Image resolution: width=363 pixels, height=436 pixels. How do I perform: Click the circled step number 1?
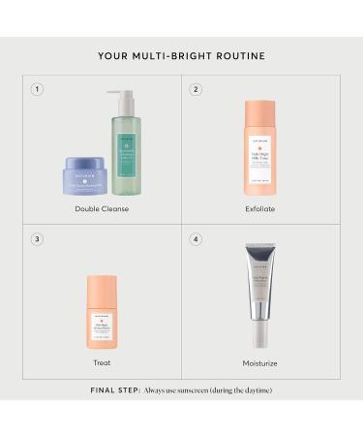(37, 89)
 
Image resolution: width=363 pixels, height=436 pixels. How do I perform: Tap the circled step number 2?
(196, 89)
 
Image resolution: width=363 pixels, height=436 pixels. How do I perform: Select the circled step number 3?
(37, 239)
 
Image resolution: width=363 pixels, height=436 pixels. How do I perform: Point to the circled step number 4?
(196, 239)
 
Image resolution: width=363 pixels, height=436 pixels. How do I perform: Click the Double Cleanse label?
(102, 208)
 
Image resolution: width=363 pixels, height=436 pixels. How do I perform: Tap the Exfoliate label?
(260, 208)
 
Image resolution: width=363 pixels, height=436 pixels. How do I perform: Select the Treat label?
(102, 362)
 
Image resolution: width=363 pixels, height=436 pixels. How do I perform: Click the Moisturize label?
(260, 362)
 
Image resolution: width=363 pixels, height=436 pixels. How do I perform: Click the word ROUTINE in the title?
(237, 55)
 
